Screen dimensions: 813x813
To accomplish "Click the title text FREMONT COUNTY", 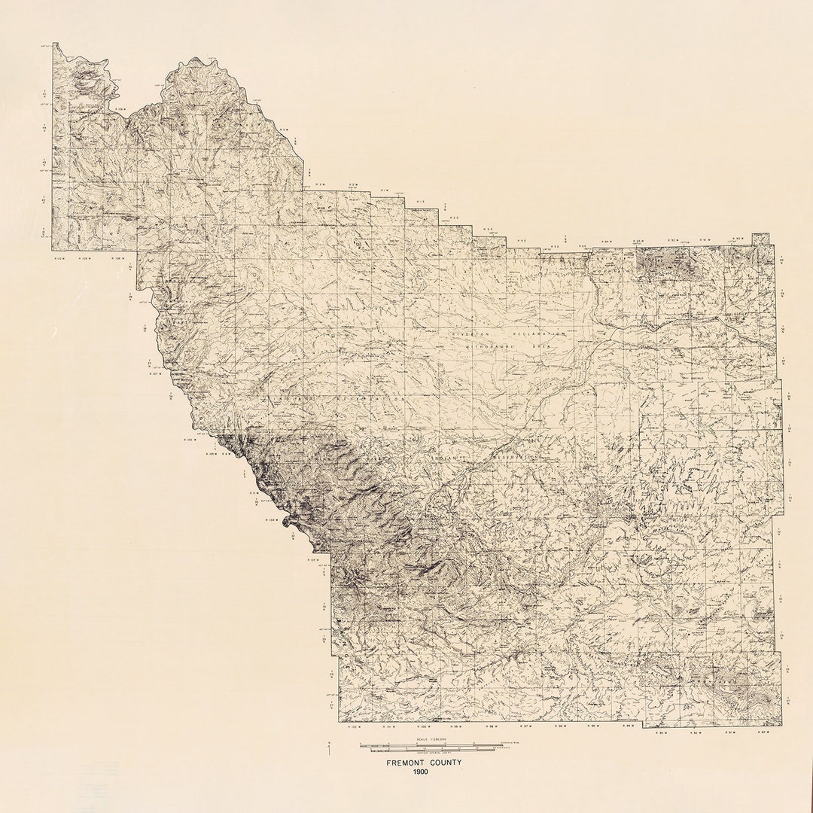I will coord(424,763).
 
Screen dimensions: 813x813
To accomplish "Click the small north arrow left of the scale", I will coord(330,746).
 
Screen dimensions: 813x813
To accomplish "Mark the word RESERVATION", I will coord(517,457).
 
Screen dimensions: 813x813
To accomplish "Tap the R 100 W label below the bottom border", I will coord(422,727).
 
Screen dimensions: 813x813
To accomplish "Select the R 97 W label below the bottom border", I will coord(525,727).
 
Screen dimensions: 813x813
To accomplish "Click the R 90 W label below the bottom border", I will coord(763,731).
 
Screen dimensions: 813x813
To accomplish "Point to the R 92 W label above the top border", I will coord(671,241).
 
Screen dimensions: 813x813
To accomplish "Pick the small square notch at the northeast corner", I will coord(760,239).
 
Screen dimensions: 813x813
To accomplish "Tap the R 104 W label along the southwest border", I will coord(273,519).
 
